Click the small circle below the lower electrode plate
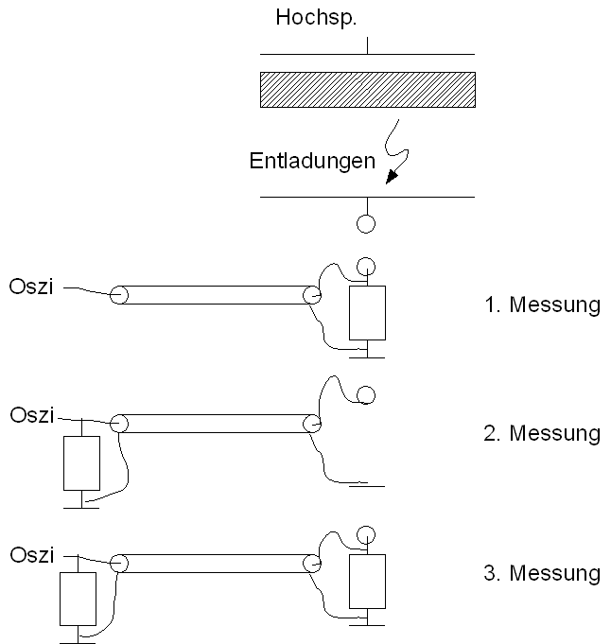366,224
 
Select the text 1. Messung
540,305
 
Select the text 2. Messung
540,433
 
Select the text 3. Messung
540,572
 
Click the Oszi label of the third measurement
31,554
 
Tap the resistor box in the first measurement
367,313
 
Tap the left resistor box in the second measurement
81,462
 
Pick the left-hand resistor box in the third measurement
78,598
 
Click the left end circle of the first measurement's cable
119,294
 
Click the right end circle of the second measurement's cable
312,424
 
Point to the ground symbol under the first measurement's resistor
367,356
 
